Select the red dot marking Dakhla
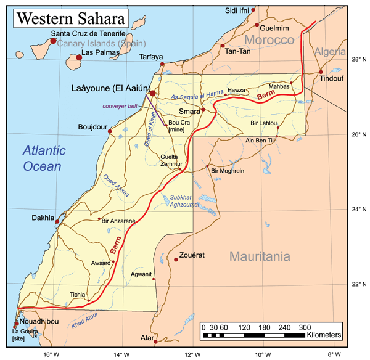(57, 221)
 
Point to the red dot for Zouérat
(176, 260)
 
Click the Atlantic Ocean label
(43, 158)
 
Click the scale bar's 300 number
(305, 327)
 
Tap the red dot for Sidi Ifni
(253, 10)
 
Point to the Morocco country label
(269, 40)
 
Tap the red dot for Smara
(203, 110)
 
